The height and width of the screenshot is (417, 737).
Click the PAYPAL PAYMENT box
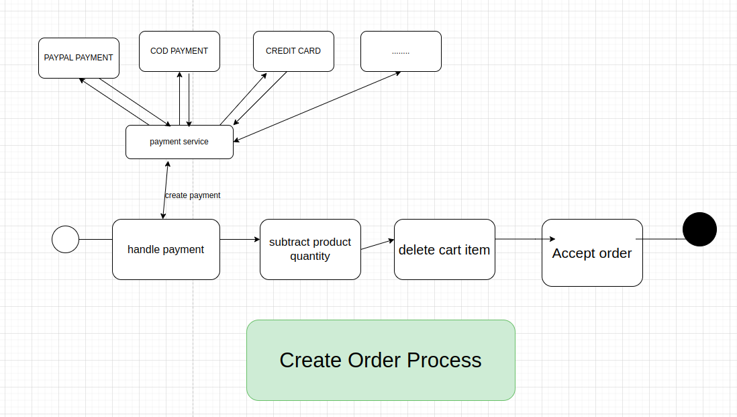tap(79, 58)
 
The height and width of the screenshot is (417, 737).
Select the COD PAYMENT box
tap(179, 51)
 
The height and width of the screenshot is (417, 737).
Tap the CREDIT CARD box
tap(293, 51)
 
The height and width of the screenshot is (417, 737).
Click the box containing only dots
tap(401, 51)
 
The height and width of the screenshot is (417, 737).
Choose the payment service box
tap(179, 142)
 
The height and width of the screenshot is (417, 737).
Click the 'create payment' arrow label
tap(193, 195)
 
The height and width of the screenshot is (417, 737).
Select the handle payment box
tap(166, 249)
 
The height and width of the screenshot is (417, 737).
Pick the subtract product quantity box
tap(310, 249)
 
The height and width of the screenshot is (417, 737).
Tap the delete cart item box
tap(444, 249)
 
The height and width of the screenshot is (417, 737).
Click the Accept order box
tap(592, 252)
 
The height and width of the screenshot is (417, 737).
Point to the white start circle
tap(65, 239)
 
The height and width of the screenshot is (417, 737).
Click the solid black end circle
tap(699, 229)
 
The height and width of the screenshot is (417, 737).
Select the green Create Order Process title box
tap(381, 360)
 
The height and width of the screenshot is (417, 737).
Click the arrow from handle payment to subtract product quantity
tap(240, 239)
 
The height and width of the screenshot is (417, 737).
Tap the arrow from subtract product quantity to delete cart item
tap(377, 244)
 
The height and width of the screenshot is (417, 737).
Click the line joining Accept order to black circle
tap(661, 238)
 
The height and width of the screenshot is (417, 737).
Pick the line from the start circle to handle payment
tap(95, 239)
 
